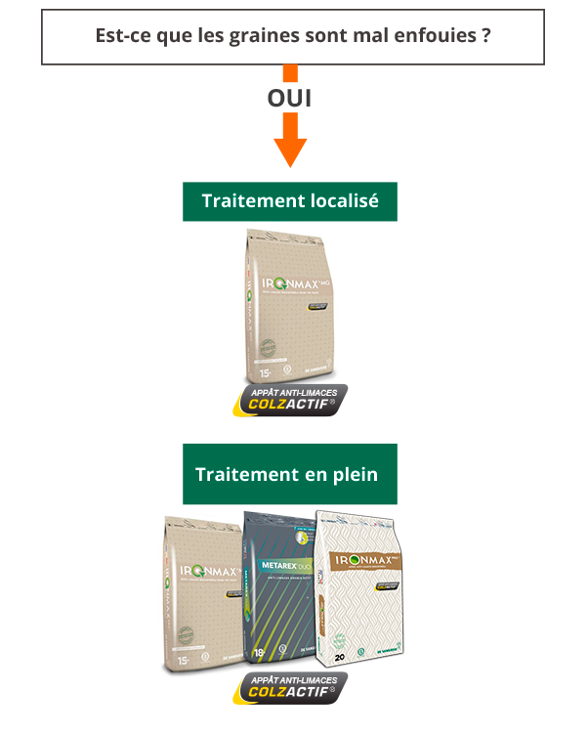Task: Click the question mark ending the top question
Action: [485, 36]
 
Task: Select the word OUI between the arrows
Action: [289, 99]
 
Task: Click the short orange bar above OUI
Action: [290, 74]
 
